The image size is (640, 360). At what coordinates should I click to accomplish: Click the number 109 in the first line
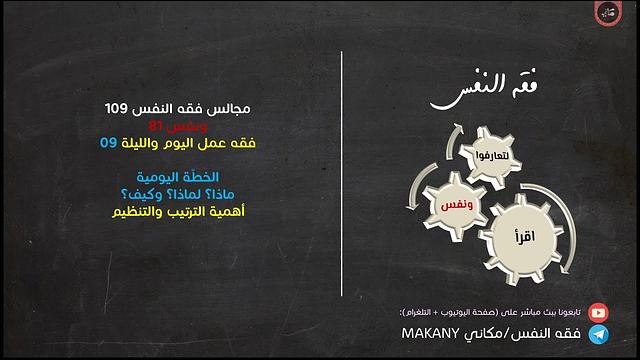(x=119, y=108)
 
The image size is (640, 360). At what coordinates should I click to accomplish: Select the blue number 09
(x=109, y=143)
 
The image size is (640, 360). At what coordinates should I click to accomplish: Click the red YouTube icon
(x=598, y=312)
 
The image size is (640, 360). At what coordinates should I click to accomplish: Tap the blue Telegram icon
(x=598, y=335)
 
